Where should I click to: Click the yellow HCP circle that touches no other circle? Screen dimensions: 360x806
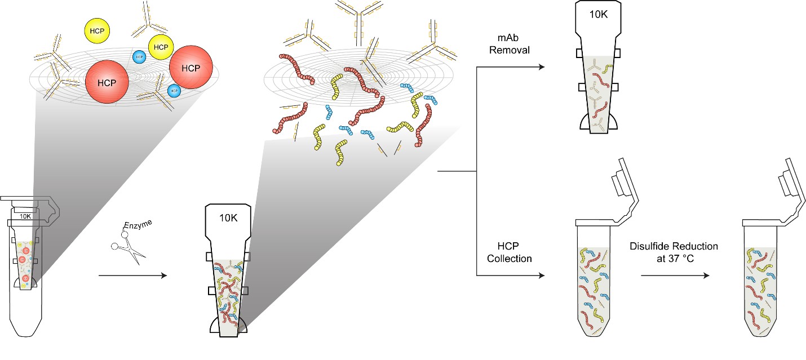[98, 30]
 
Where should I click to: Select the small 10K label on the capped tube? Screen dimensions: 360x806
[25, 216]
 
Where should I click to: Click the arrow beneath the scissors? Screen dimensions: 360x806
[133, 276]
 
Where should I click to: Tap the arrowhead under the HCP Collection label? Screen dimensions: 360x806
[542, 276]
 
